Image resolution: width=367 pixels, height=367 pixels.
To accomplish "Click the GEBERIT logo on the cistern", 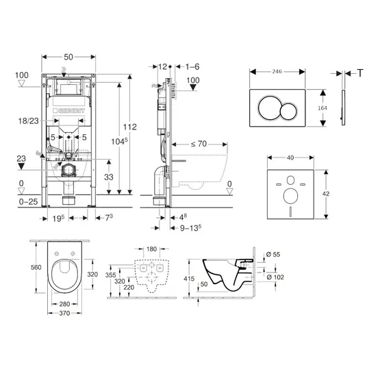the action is click(x=68, y=111).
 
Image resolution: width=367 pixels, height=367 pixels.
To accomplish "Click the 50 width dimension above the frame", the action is click(x=68, y=57).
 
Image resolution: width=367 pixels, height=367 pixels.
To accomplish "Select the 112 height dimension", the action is click(x=130, y=127).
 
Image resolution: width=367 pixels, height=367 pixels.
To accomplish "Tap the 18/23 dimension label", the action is click(x=29, y=121).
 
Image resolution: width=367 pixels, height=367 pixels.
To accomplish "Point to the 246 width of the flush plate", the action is click(x=277, y=72).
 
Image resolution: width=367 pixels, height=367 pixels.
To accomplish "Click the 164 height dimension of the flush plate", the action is click(x=322, y=108).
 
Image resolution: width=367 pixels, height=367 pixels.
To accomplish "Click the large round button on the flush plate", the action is click(x=268, y=107).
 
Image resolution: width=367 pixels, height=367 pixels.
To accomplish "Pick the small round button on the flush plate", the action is click(x=289, y=112).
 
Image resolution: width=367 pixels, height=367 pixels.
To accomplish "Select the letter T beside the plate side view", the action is click(x=360, y=73).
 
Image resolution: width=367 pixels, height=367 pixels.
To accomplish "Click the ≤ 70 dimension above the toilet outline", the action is click(x=199, y=144).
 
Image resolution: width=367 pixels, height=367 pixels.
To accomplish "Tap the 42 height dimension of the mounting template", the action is click(x=326, y=194).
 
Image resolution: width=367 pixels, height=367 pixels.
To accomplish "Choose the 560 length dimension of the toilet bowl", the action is click(x=36, y=267).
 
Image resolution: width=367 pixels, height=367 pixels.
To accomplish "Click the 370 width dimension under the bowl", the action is click(x=64, y=313).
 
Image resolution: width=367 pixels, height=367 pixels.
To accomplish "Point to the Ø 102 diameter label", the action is click(x=275, y=277).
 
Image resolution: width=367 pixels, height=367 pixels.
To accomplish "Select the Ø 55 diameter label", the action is click(x=273, y=255).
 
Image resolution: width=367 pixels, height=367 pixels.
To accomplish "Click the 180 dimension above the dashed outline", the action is click(x=152, y=249).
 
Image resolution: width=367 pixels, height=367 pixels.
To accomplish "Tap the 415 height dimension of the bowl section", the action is click(x=189, y=279).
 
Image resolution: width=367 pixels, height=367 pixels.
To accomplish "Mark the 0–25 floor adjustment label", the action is click(x=28, y=201).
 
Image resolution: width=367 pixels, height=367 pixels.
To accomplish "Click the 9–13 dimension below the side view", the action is click(x=190, y=228).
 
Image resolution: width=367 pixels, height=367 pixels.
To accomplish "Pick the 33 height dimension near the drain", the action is click(x=109, y=177).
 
